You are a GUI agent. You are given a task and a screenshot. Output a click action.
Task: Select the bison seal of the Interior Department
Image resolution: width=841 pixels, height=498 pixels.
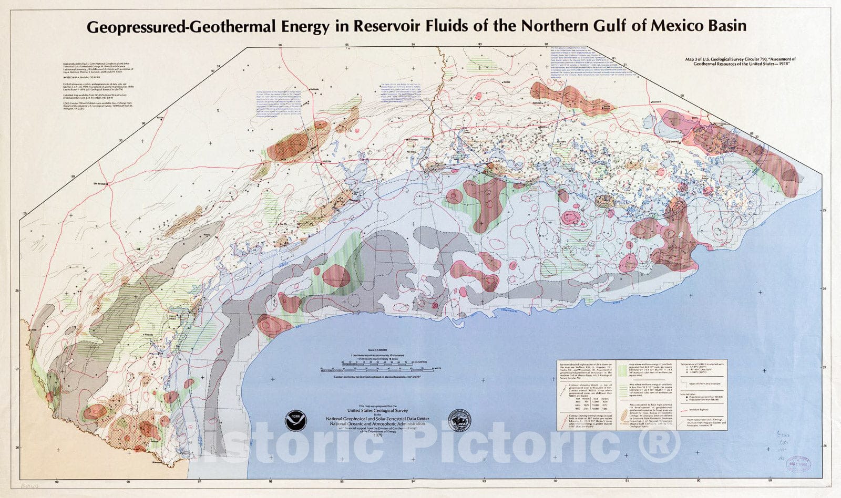[x=459, y=421]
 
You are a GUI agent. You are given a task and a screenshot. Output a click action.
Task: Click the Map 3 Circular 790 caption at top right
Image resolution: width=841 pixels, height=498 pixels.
[x=741, y=62]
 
